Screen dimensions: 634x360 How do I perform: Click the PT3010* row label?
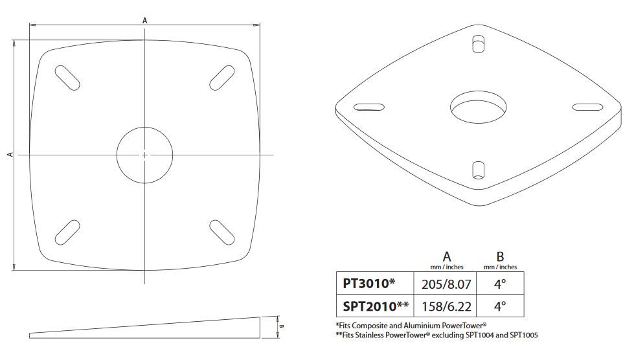tap(368, 283)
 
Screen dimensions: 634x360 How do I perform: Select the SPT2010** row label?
tap(376, 306)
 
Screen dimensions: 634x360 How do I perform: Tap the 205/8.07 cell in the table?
tap(446, 284)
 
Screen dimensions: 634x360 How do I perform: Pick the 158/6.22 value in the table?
tap(446, 307)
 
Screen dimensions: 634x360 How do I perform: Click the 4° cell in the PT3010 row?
tap(500, 284)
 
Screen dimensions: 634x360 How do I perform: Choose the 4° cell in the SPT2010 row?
tap(500, 306)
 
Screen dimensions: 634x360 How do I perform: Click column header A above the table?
tap(446, 256)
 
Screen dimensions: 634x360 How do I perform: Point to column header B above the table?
tap(500, 256)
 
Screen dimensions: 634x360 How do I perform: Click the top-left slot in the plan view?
tap(67, 78)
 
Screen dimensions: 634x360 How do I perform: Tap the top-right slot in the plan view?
tap(222, 78)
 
